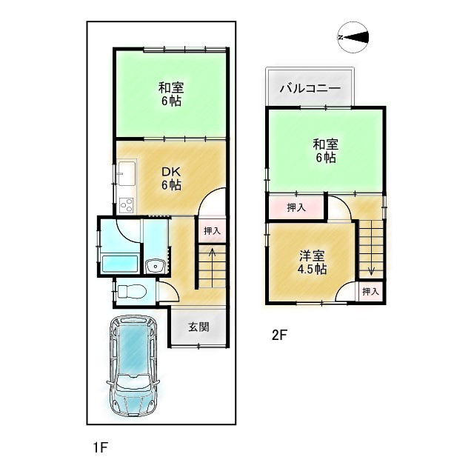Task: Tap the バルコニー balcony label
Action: pyautogui.click(x=310, y=89)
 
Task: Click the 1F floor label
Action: pyautogui.click(x=101, y=447)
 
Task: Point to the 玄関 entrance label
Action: pyautogui.click(x=198, y=327)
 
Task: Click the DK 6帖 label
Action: pyautogui.click(x=172, y=178)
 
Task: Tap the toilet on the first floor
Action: pyautogui.click(x=132, y=291)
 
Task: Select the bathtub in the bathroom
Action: pyautogui.click(x=118, y=262)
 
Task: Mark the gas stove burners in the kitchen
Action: pyautogui.click(x=125, y=204)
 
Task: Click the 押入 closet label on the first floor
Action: pyautogui.click(x=213, y=231)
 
